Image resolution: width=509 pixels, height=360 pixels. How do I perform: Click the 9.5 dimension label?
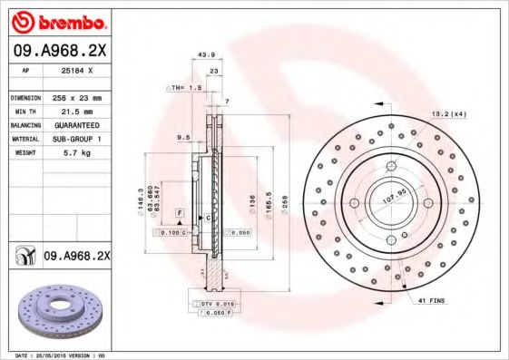coord(182,138)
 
